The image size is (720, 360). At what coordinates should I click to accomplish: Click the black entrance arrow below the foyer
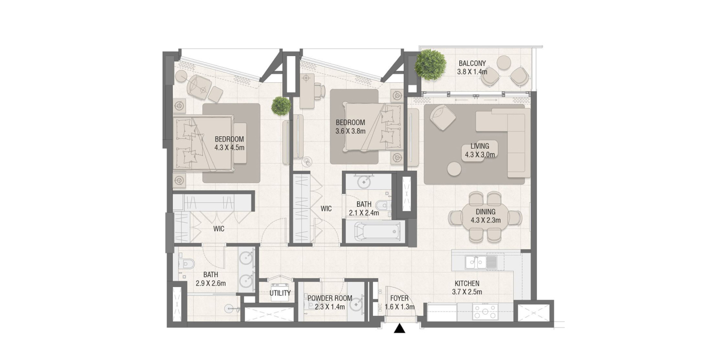coord(399,328)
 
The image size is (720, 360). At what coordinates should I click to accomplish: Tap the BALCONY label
coord(472,63)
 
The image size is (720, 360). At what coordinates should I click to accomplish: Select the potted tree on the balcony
coord(430,65)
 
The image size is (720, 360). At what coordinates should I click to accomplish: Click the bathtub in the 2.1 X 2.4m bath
coord(377,231)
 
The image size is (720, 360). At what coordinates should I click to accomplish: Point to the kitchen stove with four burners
coord(485,312)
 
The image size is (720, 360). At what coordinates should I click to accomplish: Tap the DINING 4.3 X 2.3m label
coord(485,216)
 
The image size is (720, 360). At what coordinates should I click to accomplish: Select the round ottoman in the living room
coord(454,169)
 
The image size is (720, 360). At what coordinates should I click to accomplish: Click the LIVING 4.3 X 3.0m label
coord(479,150)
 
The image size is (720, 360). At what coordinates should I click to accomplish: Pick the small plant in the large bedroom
coord(281,106)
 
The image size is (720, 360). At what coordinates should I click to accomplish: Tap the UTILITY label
coord(280,293)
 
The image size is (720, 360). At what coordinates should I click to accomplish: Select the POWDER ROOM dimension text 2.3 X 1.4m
coord(330,307)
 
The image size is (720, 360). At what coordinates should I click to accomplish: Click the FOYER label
coord(400,299)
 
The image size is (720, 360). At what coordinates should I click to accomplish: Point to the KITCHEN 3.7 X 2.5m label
coord(467,287)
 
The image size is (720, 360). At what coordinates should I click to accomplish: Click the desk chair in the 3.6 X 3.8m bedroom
coord(319,89)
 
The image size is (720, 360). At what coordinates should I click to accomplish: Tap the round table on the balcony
coord(503,63)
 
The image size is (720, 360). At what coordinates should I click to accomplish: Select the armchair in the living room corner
coord(442,117)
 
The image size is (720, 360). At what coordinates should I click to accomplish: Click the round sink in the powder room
coord(356,304)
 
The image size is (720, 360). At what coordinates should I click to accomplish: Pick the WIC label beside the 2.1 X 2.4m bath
coord(326,209)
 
